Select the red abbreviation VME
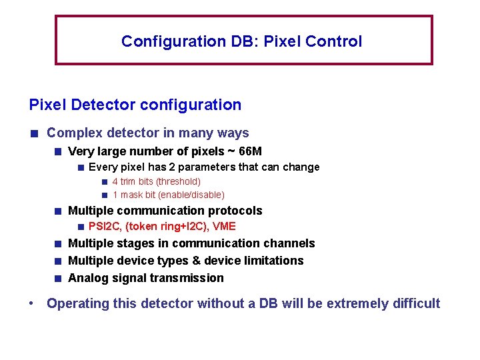(224, 227)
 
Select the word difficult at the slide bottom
(415, 304)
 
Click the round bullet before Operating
(32, 304)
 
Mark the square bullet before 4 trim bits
(105, 182)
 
